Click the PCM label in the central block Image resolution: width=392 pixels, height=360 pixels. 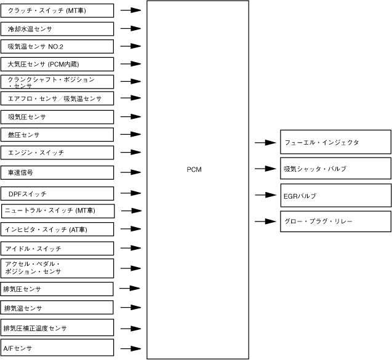pyautogui.click(x=194, y=169)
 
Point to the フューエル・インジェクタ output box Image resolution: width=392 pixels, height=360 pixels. pyautogui.click(x=335, y=142)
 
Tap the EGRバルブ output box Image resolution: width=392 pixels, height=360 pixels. pyautogui.click(x=335, y=195)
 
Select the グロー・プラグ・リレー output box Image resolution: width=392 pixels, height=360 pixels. pyautogui.click(x=335, y=221)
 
